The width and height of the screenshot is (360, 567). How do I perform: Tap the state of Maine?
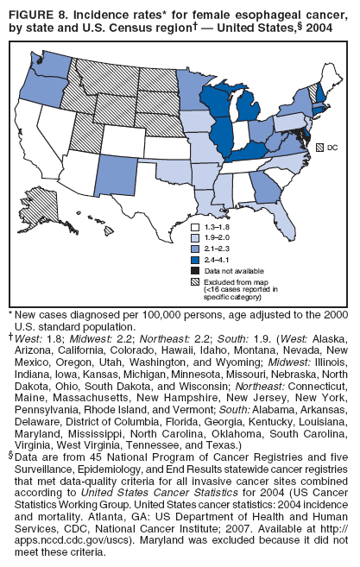tap(329, 70)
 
